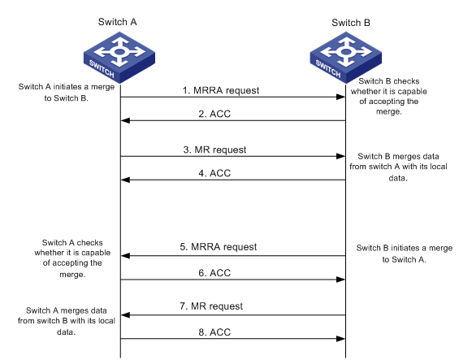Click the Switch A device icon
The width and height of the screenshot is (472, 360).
click(119, 58)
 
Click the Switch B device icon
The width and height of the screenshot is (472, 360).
click(346, 58)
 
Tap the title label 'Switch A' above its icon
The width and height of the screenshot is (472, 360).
click(118, 22)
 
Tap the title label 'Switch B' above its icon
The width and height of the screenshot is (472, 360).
click(351, 23)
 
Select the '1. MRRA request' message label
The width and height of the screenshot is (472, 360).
click(221, 90)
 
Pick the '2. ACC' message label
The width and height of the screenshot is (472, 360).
click(214, 114)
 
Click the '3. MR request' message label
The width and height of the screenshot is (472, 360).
click(214, 150)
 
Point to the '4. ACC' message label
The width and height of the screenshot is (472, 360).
click(214, 173)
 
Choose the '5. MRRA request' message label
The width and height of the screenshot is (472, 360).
click(219, 247)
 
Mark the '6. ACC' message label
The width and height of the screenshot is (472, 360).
click(214, 273)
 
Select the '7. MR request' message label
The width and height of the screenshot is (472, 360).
click(211, 306)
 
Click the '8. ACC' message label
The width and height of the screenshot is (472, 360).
click(214, 332)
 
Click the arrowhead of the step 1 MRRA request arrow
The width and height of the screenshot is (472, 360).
click(340, 97)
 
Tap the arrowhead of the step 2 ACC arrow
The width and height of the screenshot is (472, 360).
click(125, 120)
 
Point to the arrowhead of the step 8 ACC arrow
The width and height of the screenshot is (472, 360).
click(340, 339)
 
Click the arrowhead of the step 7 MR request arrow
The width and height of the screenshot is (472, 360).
click(125, 315)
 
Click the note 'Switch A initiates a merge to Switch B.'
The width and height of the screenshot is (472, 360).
click(67, 93)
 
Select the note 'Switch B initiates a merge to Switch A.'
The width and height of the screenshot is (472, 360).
click(405, 254)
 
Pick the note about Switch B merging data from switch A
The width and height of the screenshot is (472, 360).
click(398, 167)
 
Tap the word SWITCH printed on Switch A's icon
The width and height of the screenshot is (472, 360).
click(102, 68)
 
